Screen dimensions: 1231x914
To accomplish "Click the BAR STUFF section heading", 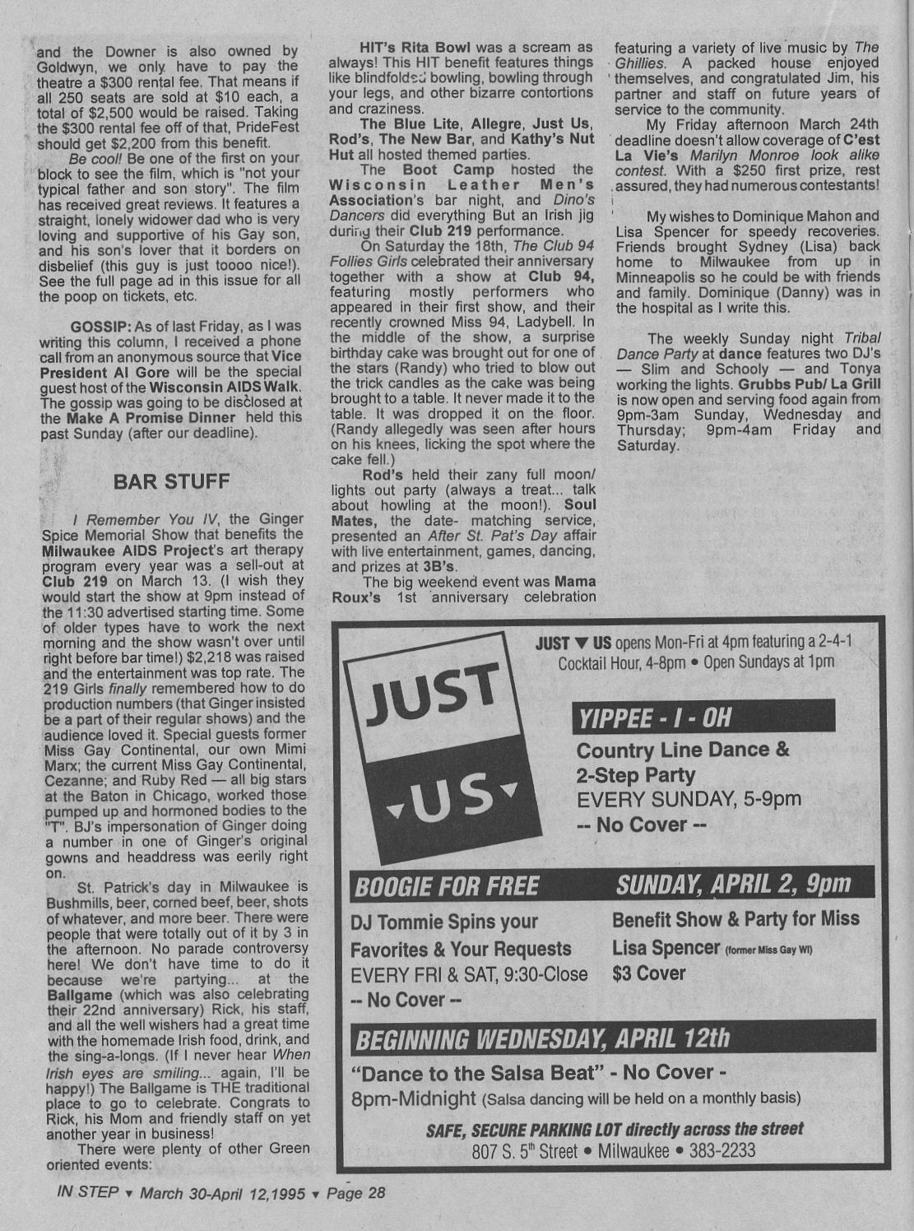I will point(171,481).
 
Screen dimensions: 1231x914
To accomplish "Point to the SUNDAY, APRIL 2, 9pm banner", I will point(732,885).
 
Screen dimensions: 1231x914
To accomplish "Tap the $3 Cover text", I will point(648,973).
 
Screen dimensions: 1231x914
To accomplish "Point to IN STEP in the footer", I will point(88,1192).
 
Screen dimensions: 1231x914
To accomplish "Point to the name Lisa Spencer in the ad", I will point(665,948).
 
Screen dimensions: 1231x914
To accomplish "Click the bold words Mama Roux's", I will point(464,588).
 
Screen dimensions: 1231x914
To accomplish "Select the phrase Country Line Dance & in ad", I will point(683,750).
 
